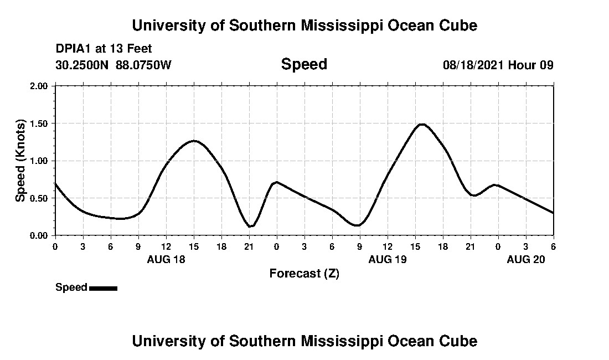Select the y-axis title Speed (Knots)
20,161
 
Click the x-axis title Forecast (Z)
304,274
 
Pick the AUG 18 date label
166,259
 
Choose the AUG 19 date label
387,259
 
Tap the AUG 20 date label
525,259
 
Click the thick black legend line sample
103,288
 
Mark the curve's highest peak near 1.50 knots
422,125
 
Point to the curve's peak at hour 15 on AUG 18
194,141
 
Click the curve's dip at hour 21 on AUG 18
250,226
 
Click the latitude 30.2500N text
83,65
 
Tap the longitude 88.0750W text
143,65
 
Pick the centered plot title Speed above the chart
304,64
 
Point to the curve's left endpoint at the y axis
55,183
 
